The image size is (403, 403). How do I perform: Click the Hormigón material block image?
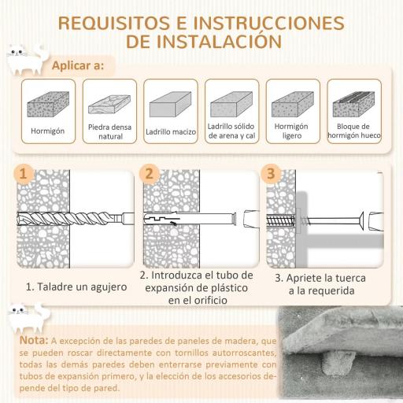click(48, 105)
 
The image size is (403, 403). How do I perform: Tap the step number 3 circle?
click(271, 174)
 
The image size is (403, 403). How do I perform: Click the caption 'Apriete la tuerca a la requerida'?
click(324, 284)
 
